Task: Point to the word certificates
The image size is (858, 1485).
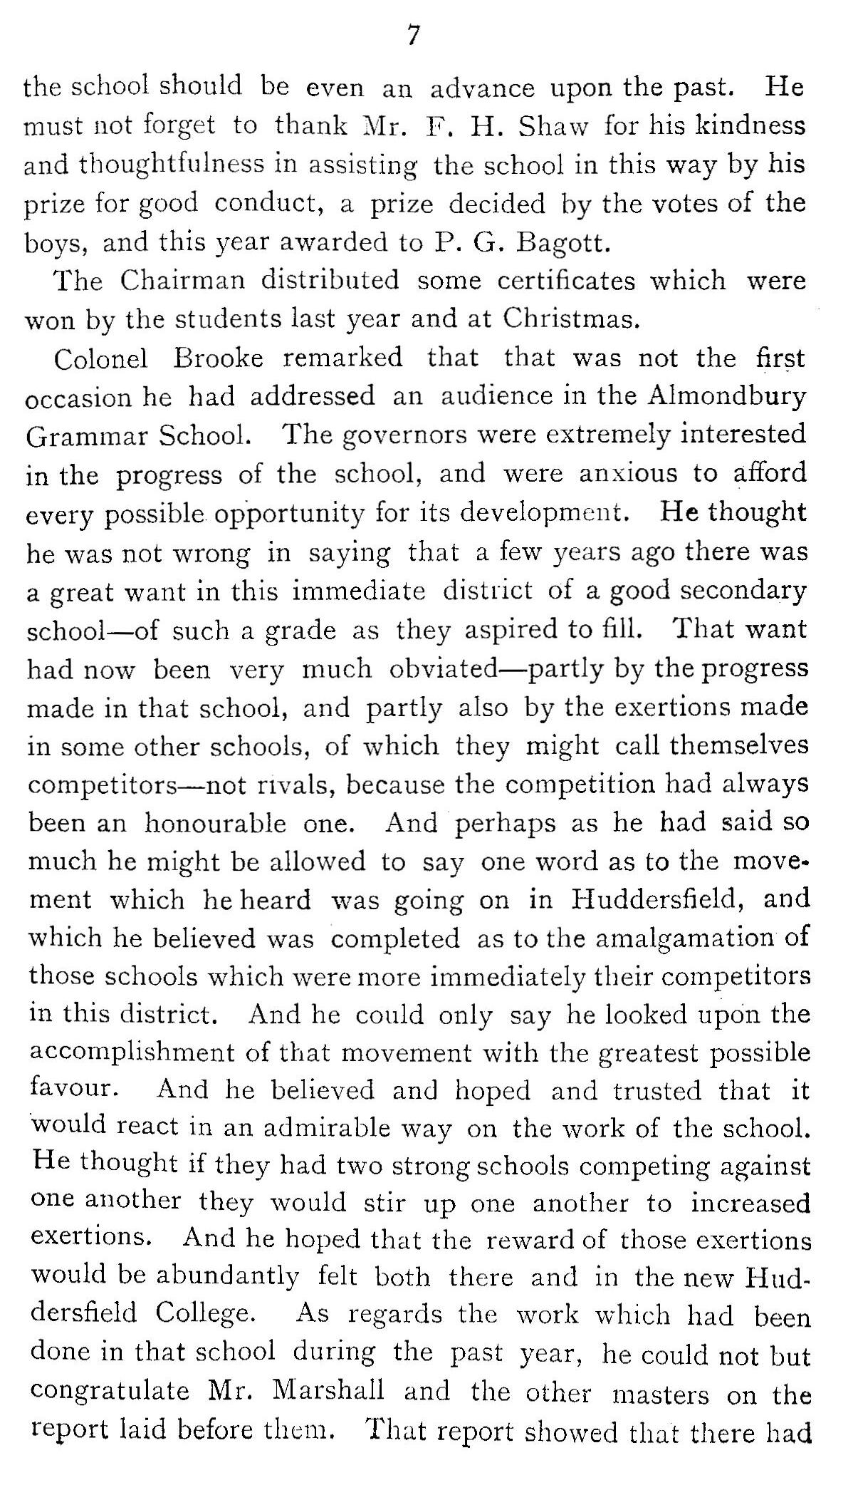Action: point(565,281)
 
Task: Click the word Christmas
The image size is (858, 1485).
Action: point(567,319)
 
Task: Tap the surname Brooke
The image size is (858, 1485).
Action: point(218,358)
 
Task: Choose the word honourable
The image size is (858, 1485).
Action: point(215,824)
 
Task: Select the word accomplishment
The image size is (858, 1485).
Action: point(135,1053)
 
